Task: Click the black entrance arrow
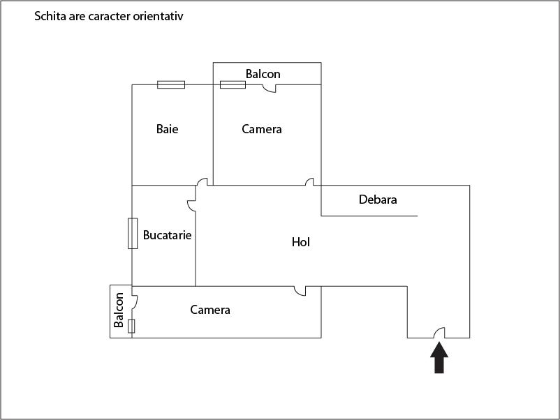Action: tap(439, 360)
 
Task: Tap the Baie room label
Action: tap(167, 129)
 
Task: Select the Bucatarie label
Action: tap(167, 235)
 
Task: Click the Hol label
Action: tap(300, 242)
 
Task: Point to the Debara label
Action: tap(378, 200)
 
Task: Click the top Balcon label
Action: tap(263, 74)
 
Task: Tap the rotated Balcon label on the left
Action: tap(119, 310)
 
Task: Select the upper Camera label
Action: tap(262, 129)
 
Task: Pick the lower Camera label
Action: tap(210, 310)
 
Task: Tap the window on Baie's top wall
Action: tap(171, 84)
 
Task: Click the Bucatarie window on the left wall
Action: tap(132, 234)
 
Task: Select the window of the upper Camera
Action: tap(233, 84)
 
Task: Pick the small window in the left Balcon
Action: tap(131, 326)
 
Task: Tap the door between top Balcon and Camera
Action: tap(269, 88)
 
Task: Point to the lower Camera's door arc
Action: tap(300, 290)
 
